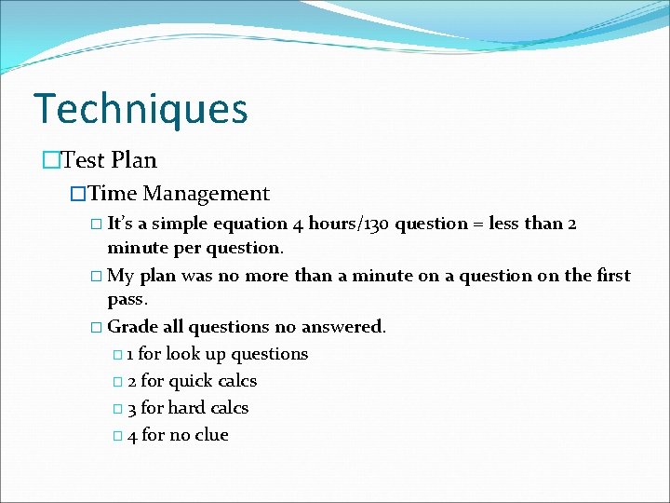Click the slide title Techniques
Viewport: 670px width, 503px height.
(x=141, y=108)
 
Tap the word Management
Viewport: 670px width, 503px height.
(x=206, y=194)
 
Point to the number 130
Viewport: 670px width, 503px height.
(x=374, y=224)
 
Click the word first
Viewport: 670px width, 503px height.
(x=611, y=276)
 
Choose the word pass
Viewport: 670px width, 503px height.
(x=127, y=301)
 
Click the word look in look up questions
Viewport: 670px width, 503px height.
(x=182, y=354)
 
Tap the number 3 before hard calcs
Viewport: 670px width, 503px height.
(x=132, y=408)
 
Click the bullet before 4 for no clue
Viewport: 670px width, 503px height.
(x=115, y=436)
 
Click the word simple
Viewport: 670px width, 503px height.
(x=181, y=224)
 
